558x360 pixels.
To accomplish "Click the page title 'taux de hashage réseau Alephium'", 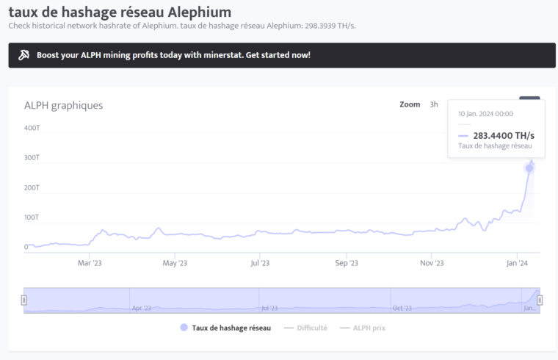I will click(x=120, y=12).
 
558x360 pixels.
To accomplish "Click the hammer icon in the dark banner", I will click(x=23, y=55).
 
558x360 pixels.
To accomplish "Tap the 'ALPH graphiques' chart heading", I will click(x=63, y=105).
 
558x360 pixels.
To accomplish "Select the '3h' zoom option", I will click(x=434, y=104).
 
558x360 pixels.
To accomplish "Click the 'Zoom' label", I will click(x=410, y=104).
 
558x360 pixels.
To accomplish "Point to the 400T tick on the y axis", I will click(x=32, y=128).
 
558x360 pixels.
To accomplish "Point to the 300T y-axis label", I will click(x=32, y=158).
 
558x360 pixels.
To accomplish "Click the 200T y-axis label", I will click(x=32, y=188).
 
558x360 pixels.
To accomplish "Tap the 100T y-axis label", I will click(x=32, y=217).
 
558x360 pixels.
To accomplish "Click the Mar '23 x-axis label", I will click(x=89, y=263).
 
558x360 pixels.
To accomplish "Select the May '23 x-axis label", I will click(x=175, y=263).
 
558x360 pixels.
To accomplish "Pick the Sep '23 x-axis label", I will click(x=347, y=263).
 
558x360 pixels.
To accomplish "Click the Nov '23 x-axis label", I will click(x=432, y=263).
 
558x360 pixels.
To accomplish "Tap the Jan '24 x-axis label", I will click(x=518, y=263).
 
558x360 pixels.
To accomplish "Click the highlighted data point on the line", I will click(x=529, y=168).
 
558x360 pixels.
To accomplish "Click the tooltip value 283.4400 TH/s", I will click(x=503, y=136).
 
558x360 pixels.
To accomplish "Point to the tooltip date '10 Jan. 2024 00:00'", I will click(x=485, y=114).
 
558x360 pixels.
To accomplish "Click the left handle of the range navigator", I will click(x=24, y=300).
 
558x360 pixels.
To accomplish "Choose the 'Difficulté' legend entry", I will click(x=305, y=328).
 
